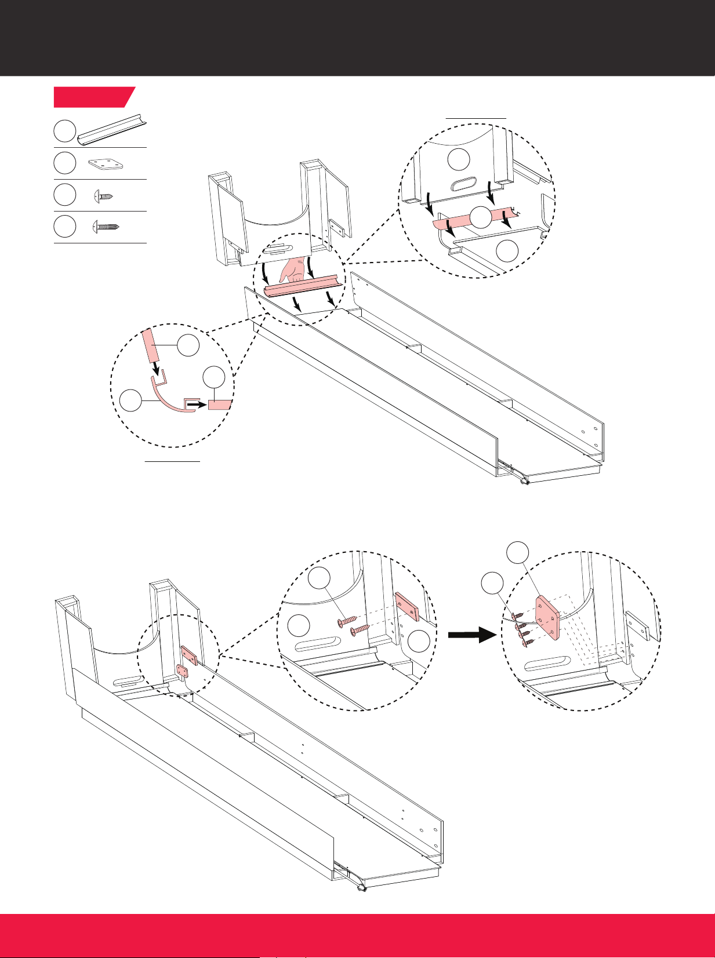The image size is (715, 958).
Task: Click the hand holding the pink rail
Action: (294, 270)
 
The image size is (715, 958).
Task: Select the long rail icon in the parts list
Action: (112, 132)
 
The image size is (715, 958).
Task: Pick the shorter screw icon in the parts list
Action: (104, 196)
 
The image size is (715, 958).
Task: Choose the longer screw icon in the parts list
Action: (106, 227)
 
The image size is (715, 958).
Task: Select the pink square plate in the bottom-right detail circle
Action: (547, 618)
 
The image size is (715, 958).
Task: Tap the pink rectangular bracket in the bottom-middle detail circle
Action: (407, 607)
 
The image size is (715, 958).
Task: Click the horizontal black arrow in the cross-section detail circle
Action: (197, 405)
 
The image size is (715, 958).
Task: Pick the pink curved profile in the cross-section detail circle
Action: (168, 399)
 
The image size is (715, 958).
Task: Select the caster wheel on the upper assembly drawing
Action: (525, 480)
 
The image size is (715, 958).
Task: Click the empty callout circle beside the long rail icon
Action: (65, 132)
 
